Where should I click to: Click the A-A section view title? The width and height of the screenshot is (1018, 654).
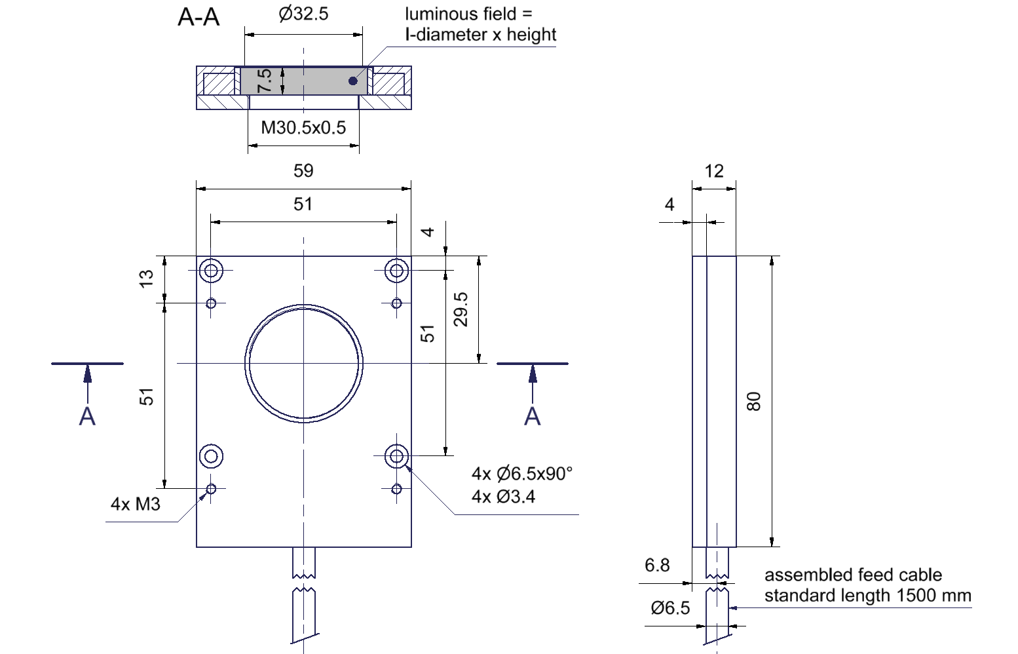(198, 18)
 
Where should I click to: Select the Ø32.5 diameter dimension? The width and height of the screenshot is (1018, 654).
(303, 14)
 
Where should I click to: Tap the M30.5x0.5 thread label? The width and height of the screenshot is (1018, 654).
(303, 127)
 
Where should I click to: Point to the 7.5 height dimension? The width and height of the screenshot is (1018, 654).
(265, 81)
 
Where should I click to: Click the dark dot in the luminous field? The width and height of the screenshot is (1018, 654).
(353, 81)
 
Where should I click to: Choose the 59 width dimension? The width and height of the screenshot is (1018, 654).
(303, 171)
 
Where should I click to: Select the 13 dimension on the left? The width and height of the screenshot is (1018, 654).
(147, 278)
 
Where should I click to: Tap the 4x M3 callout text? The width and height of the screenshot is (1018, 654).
(136, 504)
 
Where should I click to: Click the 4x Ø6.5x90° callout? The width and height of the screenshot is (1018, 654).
(522, 473)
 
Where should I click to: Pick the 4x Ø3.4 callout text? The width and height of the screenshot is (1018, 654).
(503, 497)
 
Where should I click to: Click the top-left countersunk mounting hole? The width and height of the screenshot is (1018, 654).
(212, 270)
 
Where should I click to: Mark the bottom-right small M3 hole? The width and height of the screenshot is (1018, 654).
(396, 489)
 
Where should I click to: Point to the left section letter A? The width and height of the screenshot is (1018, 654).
(87, 416)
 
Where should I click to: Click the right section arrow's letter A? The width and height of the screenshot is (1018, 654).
(533, 416)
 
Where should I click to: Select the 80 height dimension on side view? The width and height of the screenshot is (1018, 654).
(754, 401)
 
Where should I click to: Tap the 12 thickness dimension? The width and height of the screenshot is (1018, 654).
(714, 172)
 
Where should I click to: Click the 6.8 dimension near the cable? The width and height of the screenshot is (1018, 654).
(657, 566)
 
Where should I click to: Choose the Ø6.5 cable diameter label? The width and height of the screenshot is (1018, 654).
(670, 608)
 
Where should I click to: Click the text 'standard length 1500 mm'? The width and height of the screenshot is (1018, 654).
(867, 596)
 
